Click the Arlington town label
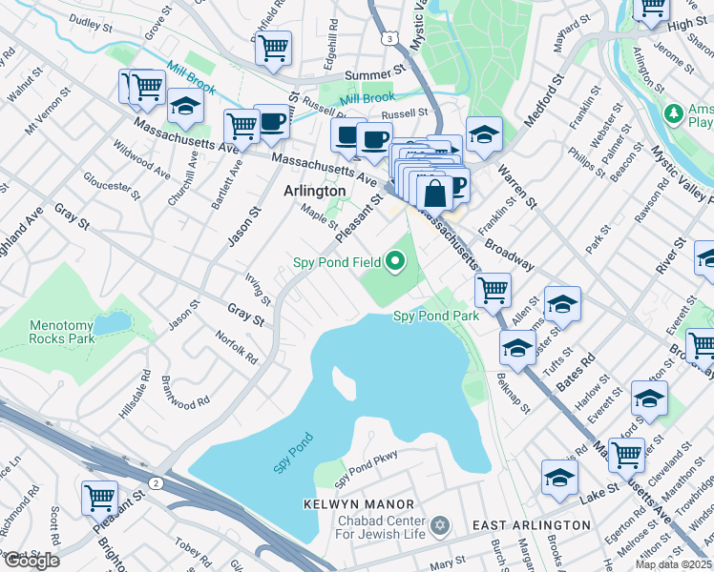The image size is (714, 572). tap(314, 191)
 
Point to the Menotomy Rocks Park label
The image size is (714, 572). tap(62, 331)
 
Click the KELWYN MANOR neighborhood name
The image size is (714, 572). tap(359, 503)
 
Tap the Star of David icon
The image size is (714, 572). tap(440, 526)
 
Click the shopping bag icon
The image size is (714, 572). tap(434, 194)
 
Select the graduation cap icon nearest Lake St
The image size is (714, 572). tap(559, 479)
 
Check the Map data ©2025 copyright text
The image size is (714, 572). tap(673, 564)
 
